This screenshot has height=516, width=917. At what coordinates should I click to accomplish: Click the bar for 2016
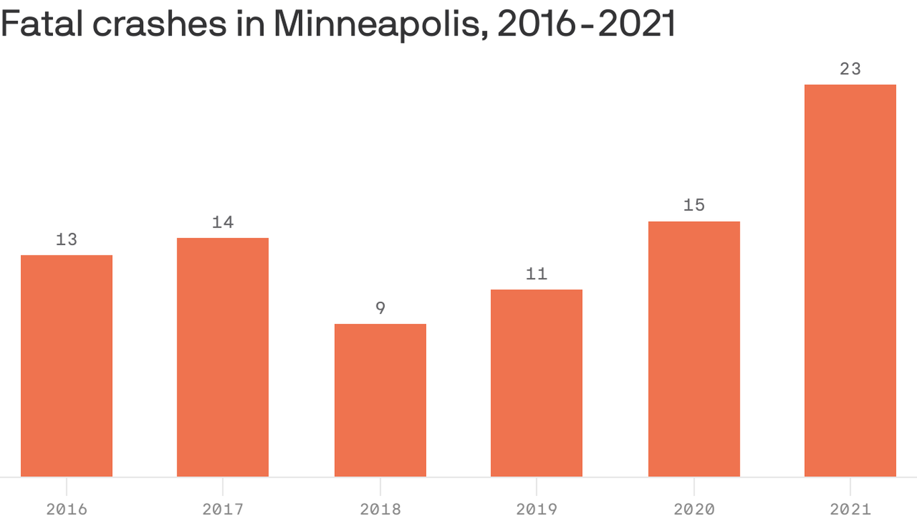tap(66, 366)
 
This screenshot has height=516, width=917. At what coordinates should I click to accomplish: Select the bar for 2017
tap(223, 357)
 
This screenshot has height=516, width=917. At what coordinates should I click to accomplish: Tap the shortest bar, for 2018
tap(380, 400)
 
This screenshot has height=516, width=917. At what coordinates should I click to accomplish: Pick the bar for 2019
tap(536, 383)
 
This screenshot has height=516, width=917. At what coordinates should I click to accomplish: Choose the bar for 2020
tap(693, 349)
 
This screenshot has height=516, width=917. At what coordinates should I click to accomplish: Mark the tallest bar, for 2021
tap(850, 281)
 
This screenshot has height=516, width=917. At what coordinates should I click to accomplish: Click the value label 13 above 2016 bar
tap(66, 239)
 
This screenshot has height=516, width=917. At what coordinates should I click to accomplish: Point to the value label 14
tap(223, 222)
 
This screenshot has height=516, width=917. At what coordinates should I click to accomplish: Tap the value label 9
tap(380, 308)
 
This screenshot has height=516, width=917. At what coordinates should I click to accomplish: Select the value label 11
tap(536, 274)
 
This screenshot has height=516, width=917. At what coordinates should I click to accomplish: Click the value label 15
tap(693, 206)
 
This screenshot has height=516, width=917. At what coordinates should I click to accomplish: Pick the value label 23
tap(850, 69)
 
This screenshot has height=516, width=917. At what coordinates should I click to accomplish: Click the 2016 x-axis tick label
tap(66, 509)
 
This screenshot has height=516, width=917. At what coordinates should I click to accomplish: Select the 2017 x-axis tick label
tap(223, 509)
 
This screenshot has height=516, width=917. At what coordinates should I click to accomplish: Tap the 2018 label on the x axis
tap(380, 509)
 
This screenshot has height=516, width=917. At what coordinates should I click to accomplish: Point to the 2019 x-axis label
tap(536, 509)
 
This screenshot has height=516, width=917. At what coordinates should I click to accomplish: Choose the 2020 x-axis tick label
tap(693, 509)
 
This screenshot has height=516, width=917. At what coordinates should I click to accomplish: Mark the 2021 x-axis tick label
tap(850, 509)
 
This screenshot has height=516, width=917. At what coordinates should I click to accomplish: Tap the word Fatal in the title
tap(42, 24)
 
